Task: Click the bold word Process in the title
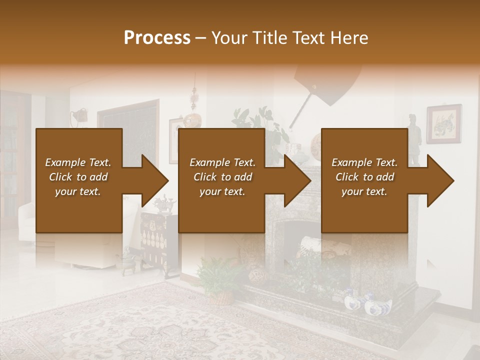pyautogui.click(x=157, y=38)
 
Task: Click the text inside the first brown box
pyautogui.click(x=78, y=177)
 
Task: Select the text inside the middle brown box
pyautogui.click(x=222, y=177)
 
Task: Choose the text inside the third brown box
pyautogui.click(x=364, y=177)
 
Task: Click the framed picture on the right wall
pyautogui.click(x=443, y=123)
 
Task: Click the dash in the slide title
pyautogui.click(x=200, y=38)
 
